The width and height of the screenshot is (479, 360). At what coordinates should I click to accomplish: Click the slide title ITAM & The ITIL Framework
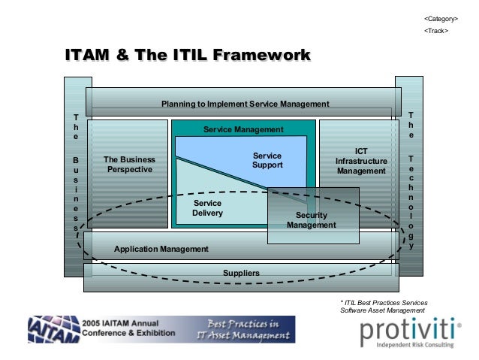click(x=188, y=56)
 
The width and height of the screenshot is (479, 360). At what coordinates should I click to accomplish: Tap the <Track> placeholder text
click(x=436, y=31)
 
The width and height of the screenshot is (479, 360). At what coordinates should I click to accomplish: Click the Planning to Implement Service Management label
click(x=246, y=104)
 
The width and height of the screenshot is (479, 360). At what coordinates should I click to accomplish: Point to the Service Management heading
click(x=243, y=130)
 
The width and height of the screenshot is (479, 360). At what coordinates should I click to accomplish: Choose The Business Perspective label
click(x=129, y=165)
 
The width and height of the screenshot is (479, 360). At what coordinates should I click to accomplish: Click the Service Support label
click(x=267, y=160)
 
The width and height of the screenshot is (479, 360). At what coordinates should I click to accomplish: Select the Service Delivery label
click(x=207, y=208)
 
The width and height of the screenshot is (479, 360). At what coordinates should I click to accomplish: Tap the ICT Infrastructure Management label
click(x=361, y=161)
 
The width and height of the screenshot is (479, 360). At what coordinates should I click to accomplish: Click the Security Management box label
click(x=311, y=220)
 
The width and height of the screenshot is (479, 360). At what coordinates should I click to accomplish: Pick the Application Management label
click(x=161, y=248)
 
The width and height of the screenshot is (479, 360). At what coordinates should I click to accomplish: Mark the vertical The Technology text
click(x=411, y=180)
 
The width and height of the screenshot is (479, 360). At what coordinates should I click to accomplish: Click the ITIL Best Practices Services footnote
click(x=382, y=306)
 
